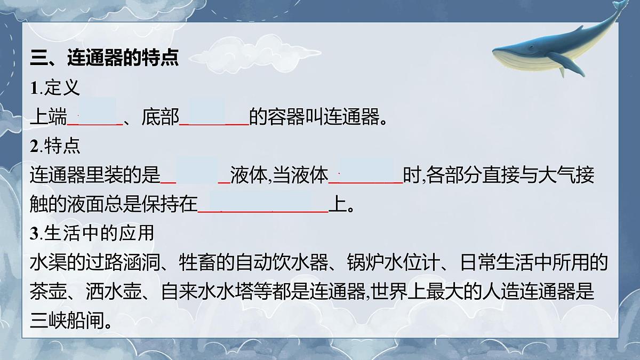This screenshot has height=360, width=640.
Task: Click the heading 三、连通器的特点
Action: coord(104,58)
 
